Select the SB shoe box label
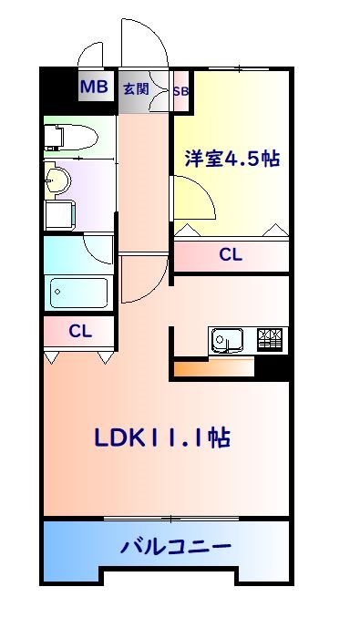click(x=180, y=90)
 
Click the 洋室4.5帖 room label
click(x=231, y=158)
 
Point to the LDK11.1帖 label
click(x=161, y=438)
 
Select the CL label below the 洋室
click(x=231, y=256)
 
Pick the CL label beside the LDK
click(x=80, y=330)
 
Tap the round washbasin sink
click(x=57, y=178)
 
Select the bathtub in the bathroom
click(x=78, y=293)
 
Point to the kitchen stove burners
click(x=272, y=340)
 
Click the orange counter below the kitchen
click(x=211, y=369)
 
